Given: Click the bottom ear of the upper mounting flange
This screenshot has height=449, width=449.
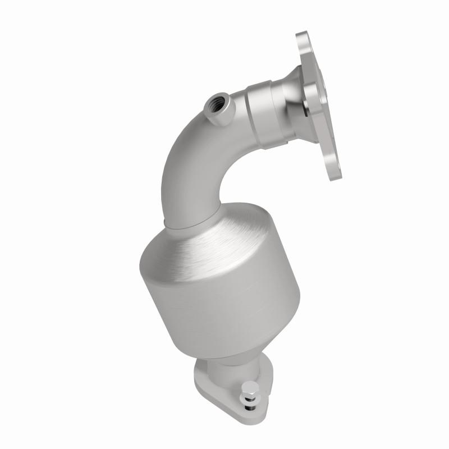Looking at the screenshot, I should coord(336,168).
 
